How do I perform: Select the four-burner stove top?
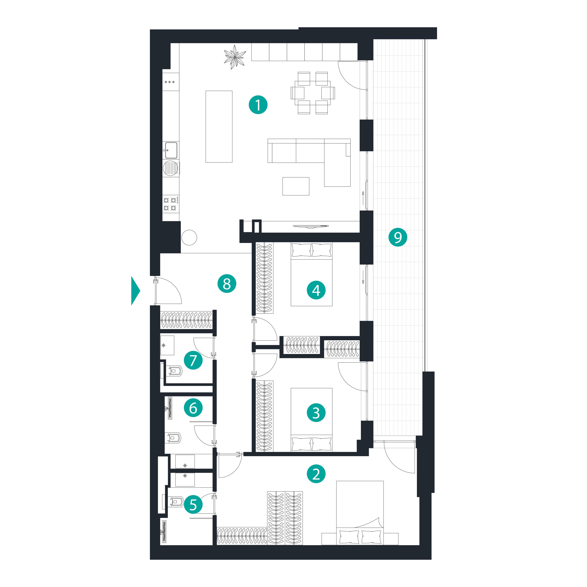[x=170, y=204]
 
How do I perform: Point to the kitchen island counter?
[x=219, y=126]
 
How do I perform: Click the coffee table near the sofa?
[x=296, y=186]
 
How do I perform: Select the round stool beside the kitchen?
[x=189, y=237]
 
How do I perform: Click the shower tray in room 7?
[x=167, y=345]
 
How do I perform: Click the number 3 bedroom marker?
[x=316, y=413]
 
